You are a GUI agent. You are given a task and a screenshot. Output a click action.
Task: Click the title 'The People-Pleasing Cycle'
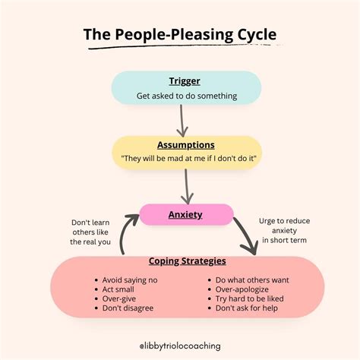[x=179, y=36]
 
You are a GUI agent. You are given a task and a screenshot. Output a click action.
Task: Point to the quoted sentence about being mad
[x=187, y=158]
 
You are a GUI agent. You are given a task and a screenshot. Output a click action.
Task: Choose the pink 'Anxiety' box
[x=185, y=214]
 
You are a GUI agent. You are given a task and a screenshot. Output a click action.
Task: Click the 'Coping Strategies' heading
[x=186, y=261]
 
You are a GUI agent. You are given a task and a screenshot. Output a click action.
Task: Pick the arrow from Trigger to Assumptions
[x=182, y=120]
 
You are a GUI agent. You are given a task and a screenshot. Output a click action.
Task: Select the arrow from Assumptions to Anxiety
[x=186, y=185]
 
